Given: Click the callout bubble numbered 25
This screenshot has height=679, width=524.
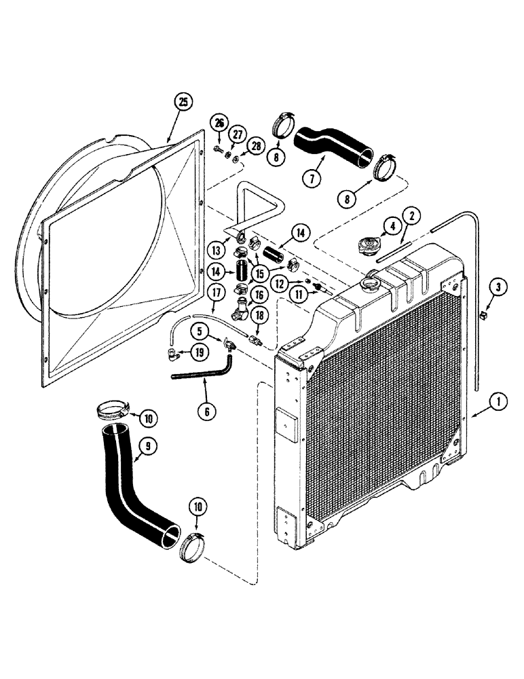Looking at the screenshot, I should coord(181,103).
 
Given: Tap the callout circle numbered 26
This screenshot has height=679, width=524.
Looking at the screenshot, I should coord(219,123).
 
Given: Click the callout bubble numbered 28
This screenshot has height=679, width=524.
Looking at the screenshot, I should coord(255,146).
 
